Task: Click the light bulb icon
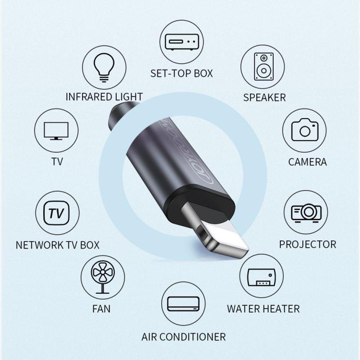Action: (x=104, y=67)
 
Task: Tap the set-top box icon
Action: (x=182, y=42)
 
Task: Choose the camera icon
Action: (x=304, y=130)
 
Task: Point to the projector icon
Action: (x=306, y=212)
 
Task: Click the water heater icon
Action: (x=262, y=277)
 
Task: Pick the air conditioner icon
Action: (x=183, y=304)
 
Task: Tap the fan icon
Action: (x=103, y=277)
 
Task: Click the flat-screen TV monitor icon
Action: (x=56, y=131)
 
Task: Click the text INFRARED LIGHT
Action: (x=104, y=96)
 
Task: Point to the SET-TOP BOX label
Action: (x=181, y=73)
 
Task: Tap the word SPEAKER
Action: (x=264, y=97)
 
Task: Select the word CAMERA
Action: (x=307, y=162)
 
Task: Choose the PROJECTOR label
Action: (x=308, y=244)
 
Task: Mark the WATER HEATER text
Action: (x=263, y=309)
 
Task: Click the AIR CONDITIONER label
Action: (x=183, y=336)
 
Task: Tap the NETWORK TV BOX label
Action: (x=58, y=245)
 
